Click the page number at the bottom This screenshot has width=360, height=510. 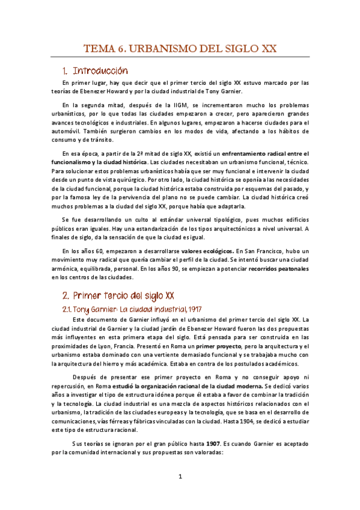click(x=180, y=477)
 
